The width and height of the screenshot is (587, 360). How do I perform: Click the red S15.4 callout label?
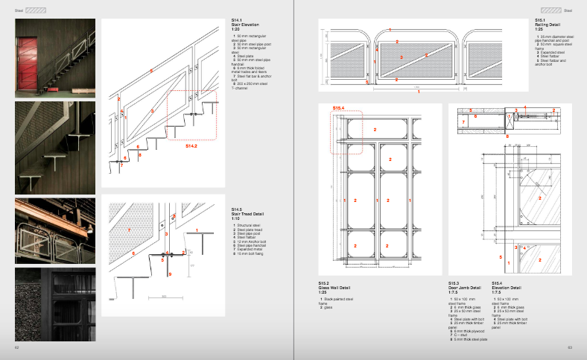[x=339, y=109]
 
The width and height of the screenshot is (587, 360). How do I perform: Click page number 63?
[x=569, y=347]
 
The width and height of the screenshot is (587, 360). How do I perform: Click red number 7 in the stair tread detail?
[x=128, y=230]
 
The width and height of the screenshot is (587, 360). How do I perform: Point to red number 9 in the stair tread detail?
[x=170, y=275]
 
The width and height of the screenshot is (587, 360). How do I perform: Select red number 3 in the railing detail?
[x=401, y=57]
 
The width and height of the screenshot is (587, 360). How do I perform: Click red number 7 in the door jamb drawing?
[x=463, y=120]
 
